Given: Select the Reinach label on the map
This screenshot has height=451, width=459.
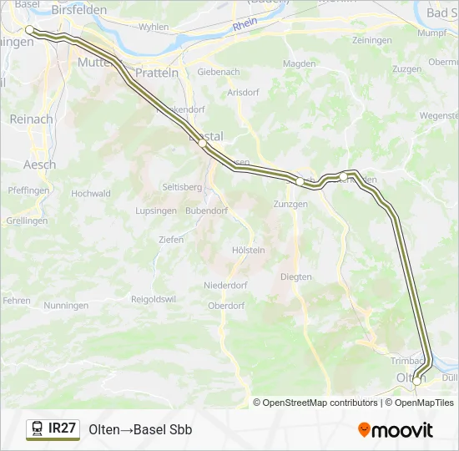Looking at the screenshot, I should click(x=31, y=119).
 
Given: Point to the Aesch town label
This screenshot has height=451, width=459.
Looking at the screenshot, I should click(x=40, y=165).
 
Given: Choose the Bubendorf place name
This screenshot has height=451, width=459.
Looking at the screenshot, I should click(x=207, y=210).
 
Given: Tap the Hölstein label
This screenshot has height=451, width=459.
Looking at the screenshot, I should click(x=249, y=250).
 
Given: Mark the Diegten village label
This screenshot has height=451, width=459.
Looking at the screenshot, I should click(x=295, y=276).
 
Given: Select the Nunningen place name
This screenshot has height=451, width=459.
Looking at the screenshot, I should click(x=68, y=306).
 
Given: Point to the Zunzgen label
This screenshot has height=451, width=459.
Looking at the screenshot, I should click(x=290, y=204).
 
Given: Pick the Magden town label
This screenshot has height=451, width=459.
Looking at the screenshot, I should click(x=300, y=63).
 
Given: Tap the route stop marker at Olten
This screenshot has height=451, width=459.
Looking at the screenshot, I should click(x=416, y=380).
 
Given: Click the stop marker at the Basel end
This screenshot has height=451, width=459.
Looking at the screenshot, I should click(x=30, y=29).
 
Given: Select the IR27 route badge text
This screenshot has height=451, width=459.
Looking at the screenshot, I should click(x=63, y=428).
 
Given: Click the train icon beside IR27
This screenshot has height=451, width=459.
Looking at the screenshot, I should click(x=38, y=429).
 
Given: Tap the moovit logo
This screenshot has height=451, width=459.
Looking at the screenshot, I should click(x=396, y=430).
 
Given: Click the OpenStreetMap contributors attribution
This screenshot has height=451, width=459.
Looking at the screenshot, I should click(x=320, y=403).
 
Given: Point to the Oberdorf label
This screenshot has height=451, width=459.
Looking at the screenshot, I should click(x=225, y=306).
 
